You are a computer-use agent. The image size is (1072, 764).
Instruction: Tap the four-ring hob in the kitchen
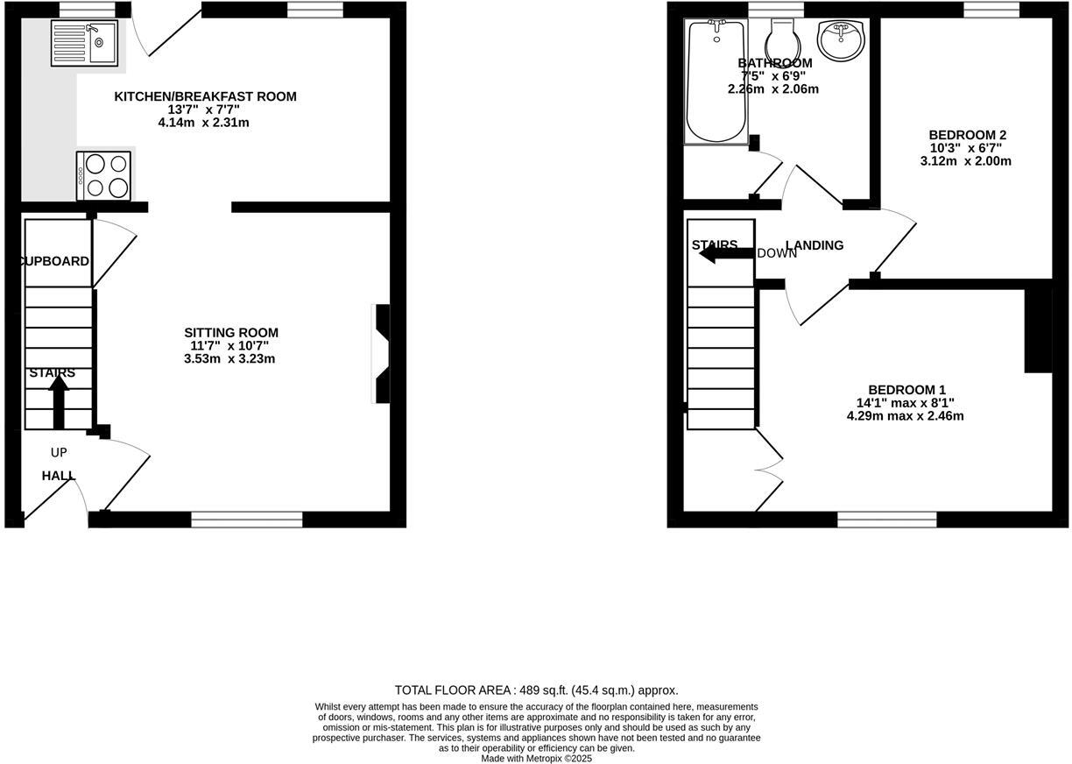click(104, 176)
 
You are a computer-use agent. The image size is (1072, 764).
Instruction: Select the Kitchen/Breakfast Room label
click(205, 96)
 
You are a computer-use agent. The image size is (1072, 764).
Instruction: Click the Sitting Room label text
click(231, 333)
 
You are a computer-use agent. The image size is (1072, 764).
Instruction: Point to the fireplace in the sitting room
click(382, 353)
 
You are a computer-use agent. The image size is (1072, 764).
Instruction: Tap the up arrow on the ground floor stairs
click(59, 402)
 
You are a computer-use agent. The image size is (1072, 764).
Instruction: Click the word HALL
click(59, 476)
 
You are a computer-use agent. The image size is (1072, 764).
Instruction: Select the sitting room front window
click(246, 520)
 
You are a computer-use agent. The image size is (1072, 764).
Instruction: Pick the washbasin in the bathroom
click(840, 39)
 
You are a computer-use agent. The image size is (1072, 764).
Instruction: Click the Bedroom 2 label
click(967, 135)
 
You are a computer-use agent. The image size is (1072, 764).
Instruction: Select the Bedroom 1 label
click(906, 390)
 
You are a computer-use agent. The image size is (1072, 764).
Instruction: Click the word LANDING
click(815, 245)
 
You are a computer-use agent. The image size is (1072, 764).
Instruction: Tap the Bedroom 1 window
click(886, 520)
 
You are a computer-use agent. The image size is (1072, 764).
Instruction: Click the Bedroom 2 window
click(991, 10)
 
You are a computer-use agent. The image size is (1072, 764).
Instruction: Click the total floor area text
click(536, 690)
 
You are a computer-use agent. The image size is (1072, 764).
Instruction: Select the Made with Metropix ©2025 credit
click(536, 759)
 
